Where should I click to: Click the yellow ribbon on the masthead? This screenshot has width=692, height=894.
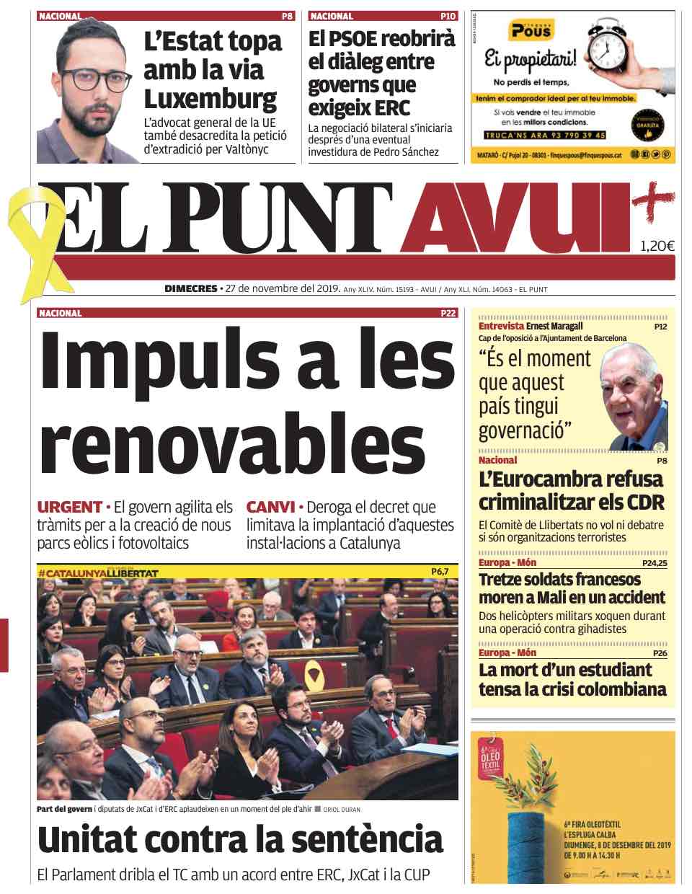(32, 238)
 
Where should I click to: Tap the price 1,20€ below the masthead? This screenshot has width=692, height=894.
(657, 247)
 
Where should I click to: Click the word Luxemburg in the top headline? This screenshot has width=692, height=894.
(210, 98)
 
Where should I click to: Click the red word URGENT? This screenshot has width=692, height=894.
(69, 507)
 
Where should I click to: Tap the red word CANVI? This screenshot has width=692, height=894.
(270, 507)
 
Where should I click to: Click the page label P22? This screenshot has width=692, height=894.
(448, 314)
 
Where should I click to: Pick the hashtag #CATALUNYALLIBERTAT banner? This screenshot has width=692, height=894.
(98, 572)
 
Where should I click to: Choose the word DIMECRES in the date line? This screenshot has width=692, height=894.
(191, 289)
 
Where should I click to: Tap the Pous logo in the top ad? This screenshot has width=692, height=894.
(531, 30)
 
